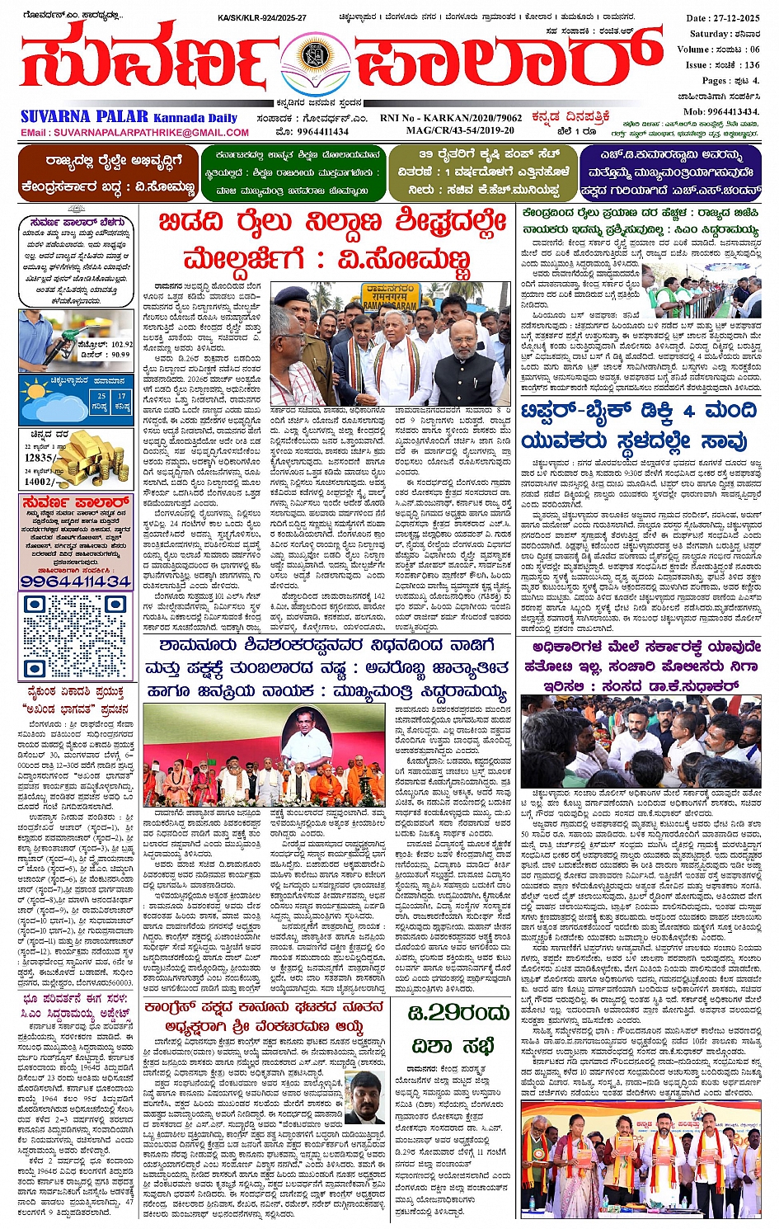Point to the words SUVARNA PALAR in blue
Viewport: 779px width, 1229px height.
(x=85, y=117)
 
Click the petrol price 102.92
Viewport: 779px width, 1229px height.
(x=120, y=344)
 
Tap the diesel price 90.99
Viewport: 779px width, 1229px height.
(x=119, y=355)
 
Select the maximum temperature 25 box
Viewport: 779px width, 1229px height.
(x=101, y=402)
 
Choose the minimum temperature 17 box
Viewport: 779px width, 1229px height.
(x=122, y=402)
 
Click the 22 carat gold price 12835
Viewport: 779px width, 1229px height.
(x=40, y=457)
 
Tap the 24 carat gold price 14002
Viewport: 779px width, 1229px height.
(x=40, y=482)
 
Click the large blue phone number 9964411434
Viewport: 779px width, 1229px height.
(x=75, y=581)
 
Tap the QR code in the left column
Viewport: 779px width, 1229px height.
(x=75, y=636)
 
